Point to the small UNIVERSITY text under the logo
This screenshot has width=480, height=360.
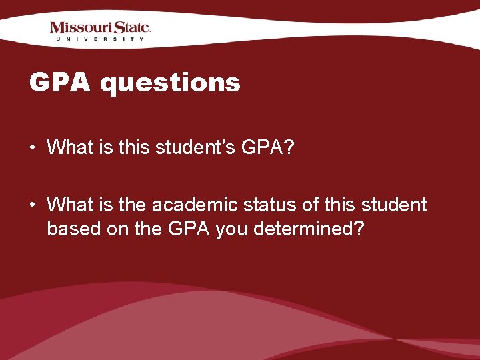click(x=100, y=39)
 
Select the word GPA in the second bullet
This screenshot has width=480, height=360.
click(x=191, y=229)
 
